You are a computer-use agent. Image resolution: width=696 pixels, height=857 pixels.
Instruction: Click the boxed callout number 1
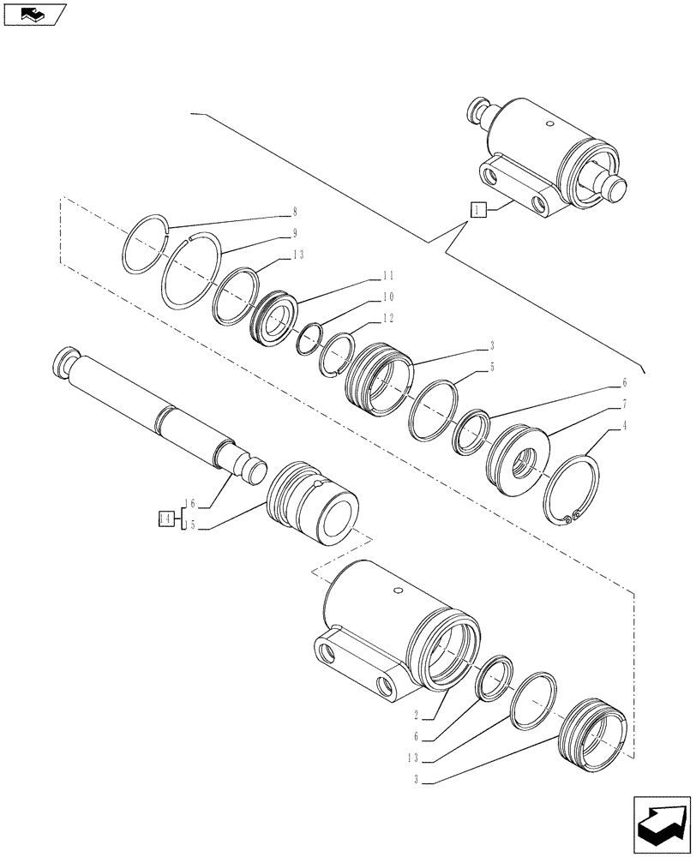pyautogui.click(x=478, y=209)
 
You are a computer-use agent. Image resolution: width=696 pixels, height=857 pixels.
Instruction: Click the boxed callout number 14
pyautogui.click(x=166, y=518)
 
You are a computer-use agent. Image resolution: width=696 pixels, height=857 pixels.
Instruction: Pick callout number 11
pyautogui.click(x=387, y=276)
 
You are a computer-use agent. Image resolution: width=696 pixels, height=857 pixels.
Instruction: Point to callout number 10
pyautogui.click(x=387, y=297)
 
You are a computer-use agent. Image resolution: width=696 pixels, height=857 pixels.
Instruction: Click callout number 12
pyautogui.click(x=387, y=318)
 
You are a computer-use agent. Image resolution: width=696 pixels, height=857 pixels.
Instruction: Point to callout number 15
pyautogui.click(x=189, y=526)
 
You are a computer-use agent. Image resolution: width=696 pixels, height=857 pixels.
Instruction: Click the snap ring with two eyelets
pyautogui.click(x=572, y=490)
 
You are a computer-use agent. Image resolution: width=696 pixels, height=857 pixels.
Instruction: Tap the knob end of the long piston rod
pyautogui.click(x=65, y=359)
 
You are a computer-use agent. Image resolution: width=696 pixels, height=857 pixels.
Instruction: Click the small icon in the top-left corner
pyautogui.click(x=34, y=14)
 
